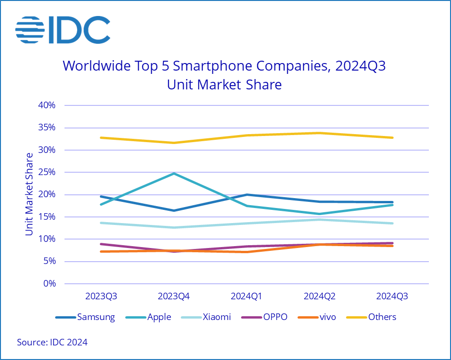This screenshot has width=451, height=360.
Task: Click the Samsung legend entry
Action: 85,317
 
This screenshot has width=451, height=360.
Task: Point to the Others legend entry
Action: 371,317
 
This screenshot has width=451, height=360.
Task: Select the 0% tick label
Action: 49,284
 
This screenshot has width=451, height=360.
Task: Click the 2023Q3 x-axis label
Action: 101,297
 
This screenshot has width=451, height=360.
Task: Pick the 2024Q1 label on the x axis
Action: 247,297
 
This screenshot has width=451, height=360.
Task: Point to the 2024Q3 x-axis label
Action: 392,297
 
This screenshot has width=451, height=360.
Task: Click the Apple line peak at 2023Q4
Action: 174,173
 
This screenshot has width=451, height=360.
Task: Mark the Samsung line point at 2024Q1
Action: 247,194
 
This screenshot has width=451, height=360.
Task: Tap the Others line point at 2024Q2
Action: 320,133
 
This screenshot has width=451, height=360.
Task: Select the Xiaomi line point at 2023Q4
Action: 174,228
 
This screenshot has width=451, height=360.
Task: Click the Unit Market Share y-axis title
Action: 30,194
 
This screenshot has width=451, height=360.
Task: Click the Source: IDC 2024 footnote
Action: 52,343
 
